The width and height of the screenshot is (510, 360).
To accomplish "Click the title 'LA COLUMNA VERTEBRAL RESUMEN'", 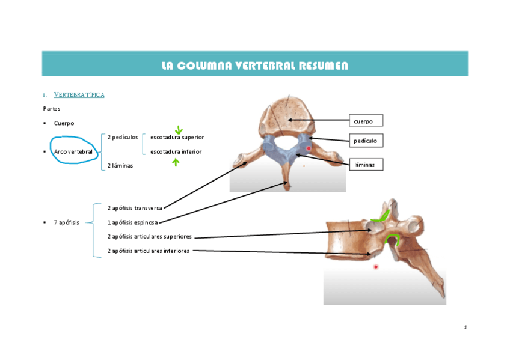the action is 254,66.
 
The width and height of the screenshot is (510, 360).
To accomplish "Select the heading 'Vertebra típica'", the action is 79,95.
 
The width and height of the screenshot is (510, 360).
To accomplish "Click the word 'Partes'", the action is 52,109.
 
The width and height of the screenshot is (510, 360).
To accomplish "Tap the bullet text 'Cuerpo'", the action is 64,123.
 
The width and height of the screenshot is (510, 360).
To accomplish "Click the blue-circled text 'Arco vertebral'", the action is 73,152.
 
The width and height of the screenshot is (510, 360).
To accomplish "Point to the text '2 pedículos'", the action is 123,138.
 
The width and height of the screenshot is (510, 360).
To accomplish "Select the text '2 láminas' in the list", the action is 120,165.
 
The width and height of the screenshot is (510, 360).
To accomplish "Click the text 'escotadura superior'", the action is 177,138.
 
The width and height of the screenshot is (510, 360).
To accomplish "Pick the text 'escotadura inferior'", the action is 176,152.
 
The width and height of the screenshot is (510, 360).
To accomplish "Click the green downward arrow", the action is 179,130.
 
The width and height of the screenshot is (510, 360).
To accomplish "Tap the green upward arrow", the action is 176,162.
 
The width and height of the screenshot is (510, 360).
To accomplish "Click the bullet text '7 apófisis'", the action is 66,222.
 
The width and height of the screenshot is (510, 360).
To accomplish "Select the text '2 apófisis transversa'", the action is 135,208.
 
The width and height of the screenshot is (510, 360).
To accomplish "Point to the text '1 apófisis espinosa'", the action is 132,222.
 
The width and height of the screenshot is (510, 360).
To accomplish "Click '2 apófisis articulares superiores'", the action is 149,237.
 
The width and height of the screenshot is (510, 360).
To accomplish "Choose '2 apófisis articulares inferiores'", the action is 149,251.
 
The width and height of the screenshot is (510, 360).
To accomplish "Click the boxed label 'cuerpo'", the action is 366,121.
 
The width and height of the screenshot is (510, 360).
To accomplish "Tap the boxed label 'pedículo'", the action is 366,141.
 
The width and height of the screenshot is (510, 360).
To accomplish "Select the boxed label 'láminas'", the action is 366,165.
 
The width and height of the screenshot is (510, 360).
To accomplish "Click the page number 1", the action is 465,328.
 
